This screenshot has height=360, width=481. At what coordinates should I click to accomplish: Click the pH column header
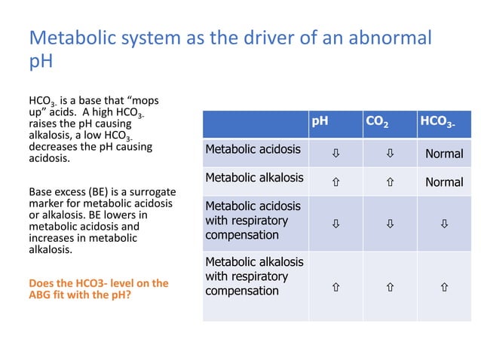point(321,120)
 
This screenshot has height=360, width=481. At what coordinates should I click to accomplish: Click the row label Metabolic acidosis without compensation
point(253,149)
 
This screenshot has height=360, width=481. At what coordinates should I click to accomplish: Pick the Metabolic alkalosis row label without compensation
point(254,178)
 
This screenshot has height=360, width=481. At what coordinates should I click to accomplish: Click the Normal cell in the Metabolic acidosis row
point(444,154)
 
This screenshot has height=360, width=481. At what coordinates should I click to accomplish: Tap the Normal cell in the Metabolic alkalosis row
point(444,182)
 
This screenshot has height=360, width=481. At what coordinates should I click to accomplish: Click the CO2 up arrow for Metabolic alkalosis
point(389,182)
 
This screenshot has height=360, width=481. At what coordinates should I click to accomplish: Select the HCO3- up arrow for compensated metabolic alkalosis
point(444,288)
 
